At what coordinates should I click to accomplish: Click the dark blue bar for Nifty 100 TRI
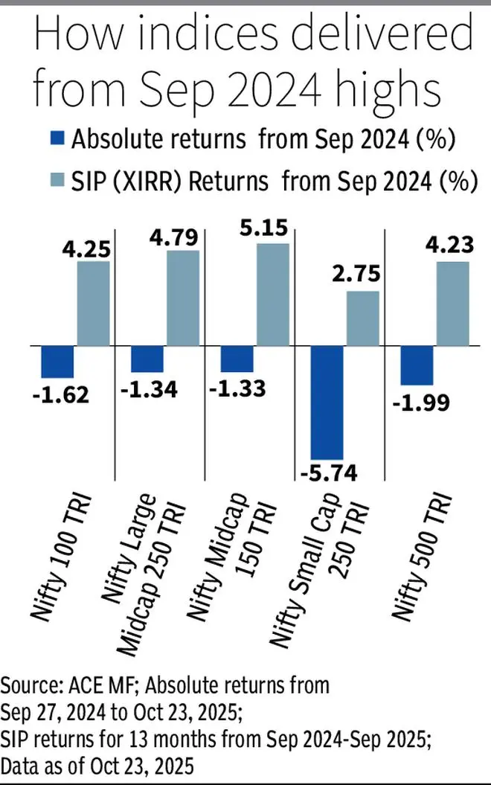(57, 362)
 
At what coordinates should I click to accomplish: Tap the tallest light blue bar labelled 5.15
(273, 295)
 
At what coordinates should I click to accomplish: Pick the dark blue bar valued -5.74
(327, 403)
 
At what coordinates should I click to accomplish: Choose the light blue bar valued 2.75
(363, 318)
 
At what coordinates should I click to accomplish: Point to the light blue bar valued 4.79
(183, 298)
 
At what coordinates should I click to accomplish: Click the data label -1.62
(60, 394)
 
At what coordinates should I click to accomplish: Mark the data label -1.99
(418, 403)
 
